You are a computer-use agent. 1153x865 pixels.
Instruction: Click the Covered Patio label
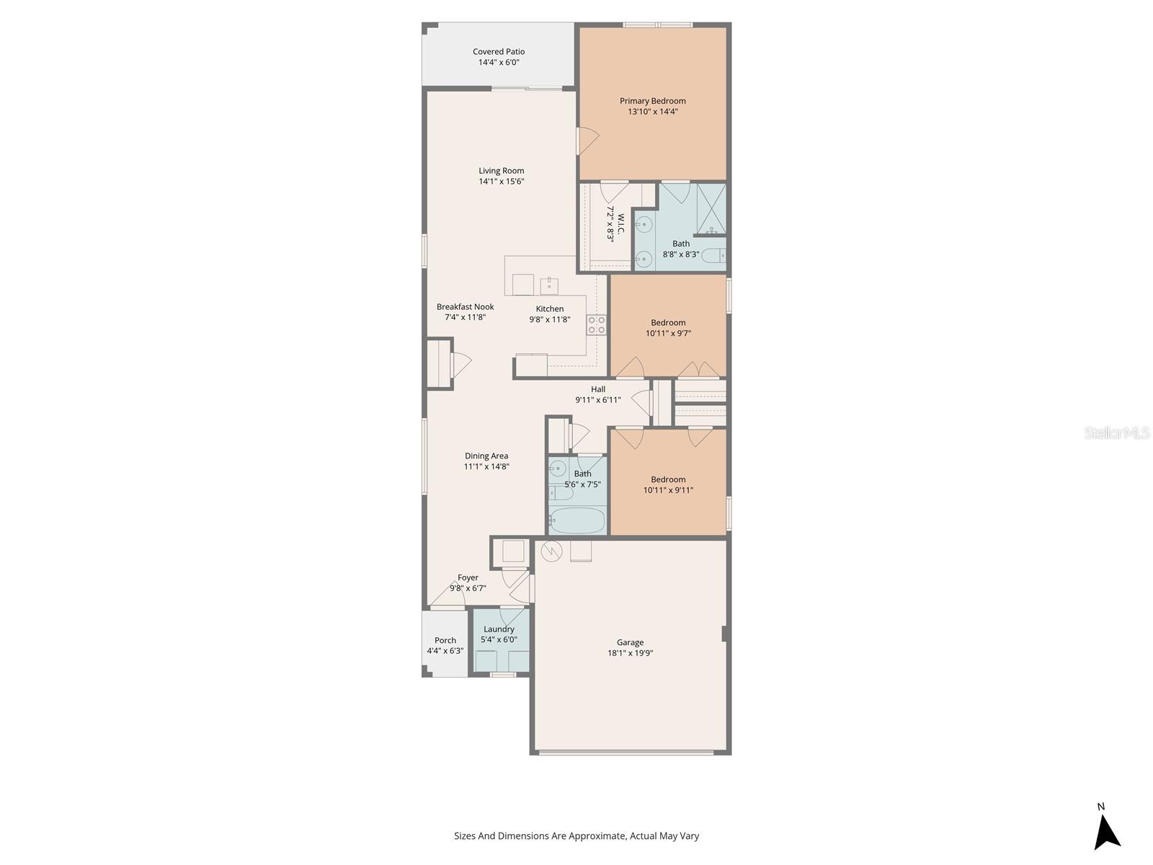(499, 51)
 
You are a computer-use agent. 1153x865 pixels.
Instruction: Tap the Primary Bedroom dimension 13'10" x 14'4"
(653, 111)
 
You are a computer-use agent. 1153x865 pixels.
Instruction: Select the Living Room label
(501, 171)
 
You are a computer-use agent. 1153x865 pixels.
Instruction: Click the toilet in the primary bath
(714, 257)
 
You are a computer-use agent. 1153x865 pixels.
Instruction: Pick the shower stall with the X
(712, 208)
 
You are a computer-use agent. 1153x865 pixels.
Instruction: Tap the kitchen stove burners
(596, 324)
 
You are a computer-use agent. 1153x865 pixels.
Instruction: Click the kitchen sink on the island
(549, 285)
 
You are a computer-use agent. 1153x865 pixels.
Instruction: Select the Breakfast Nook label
(466, 307)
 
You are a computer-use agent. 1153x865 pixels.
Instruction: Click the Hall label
(598, 389)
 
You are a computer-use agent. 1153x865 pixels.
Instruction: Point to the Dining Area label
(486, 456)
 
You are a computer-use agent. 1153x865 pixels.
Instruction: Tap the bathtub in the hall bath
(576, 520)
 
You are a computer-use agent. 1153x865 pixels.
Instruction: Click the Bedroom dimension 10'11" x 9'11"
(668, 490)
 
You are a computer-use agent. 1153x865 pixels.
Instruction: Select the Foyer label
(468, 577)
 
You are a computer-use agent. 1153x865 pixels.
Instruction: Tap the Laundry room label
(499, 629)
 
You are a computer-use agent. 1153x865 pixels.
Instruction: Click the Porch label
(445, 640)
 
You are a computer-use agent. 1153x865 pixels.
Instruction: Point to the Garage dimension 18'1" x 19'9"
(630, 653)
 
